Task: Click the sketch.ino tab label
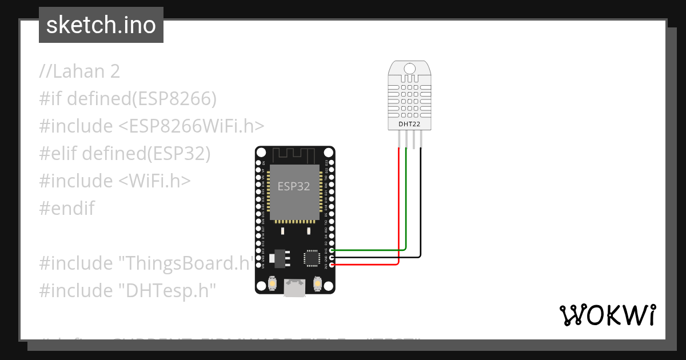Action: coord(101,25)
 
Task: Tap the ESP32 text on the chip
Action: coord(294,186)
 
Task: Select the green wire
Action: coord(406,206)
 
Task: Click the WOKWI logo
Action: coord(608,315)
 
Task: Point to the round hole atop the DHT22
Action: coord(409,69)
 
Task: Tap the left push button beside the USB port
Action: coord(272,283)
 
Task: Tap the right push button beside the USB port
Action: coord(318,283)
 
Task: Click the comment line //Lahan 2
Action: coord(79,71)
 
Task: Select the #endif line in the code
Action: coord(66,209)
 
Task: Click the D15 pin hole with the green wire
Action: coord(332,250)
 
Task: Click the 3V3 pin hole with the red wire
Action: coord(332,265)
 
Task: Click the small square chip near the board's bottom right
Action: coord(312,258)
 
